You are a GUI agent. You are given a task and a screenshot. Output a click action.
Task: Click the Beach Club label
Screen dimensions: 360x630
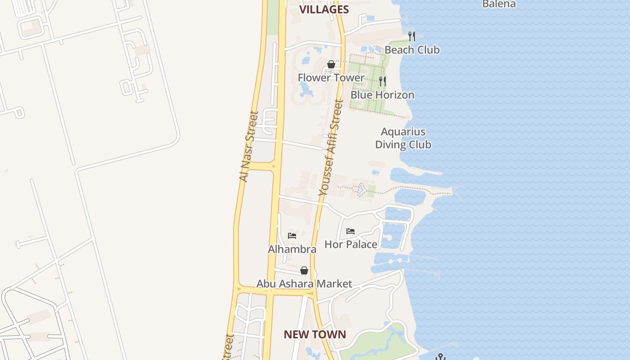(412, 50)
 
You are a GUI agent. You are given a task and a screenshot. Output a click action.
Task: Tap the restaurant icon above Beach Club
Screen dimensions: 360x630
(412, 36)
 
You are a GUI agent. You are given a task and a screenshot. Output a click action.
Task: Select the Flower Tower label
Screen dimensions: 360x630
(331, 78)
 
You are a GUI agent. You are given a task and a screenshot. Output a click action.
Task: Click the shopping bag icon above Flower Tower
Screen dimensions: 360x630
(331, 64)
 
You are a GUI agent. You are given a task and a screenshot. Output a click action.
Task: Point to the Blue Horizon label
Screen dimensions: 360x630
(382, 95)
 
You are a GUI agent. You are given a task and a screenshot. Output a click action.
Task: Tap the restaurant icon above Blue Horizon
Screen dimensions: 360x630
(382, 81)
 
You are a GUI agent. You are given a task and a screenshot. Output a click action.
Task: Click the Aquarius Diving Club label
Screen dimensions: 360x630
(403, 138)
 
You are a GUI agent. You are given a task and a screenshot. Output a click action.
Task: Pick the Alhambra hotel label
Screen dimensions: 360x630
(292, 249)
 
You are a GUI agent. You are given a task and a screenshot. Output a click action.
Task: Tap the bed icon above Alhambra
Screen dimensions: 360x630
(292, 235)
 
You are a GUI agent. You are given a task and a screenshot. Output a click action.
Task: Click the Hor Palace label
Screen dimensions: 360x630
(351, 244)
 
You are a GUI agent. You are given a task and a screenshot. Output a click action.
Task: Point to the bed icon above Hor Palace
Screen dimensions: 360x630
(351, 231)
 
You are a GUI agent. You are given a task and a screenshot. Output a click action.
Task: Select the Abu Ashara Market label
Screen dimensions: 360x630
(304, 284)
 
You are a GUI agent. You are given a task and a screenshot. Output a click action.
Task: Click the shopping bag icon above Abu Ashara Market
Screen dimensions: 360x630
(304, 270)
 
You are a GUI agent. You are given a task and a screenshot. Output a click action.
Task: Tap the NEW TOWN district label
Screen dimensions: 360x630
(315, 334)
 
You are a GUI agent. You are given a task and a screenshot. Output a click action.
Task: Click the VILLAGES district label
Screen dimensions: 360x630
(324, 9)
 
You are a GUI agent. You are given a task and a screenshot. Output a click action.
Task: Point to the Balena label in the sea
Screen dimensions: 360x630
(499, 4)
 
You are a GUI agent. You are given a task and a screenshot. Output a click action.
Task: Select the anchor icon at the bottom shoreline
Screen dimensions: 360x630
(441, 357)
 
